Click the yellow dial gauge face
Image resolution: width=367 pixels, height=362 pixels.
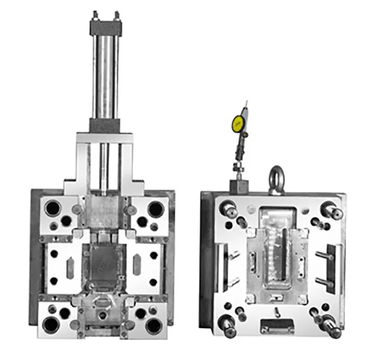coord(238,123)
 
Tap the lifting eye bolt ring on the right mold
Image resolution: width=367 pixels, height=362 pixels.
coord(276,176)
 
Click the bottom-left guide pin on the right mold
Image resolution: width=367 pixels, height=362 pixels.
coord(229,326)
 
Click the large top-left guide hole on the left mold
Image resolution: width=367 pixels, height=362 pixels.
coord(52,208)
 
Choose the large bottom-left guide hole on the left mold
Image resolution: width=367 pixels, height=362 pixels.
coord(51,324)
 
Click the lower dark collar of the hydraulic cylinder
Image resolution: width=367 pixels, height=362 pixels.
coord(104,125)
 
